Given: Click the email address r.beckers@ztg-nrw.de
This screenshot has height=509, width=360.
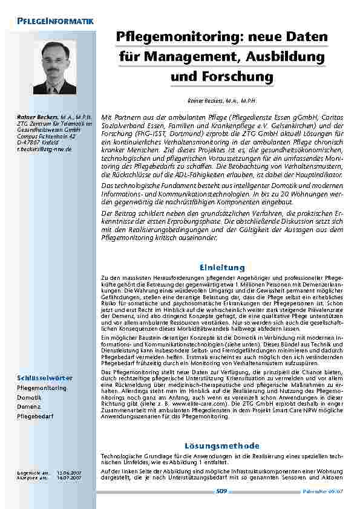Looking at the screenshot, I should pos(44,148).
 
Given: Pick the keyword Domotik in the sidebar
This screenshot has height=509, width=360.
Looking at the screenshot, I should pos(29,397).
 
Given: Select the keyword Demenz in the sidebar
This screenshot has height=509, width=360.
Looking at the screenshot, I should pos(28,407).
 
